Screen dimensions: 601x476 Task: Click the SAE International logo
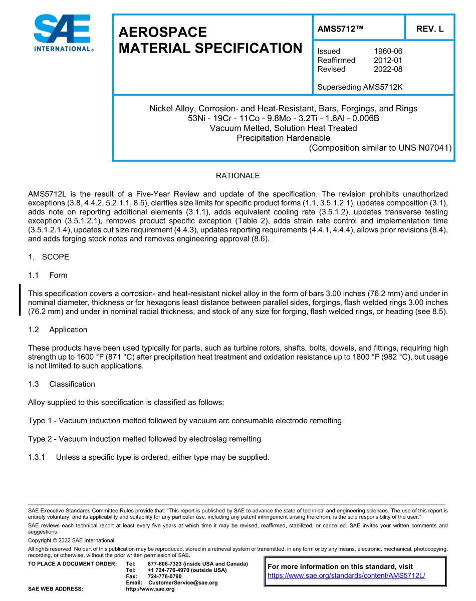[63, 33]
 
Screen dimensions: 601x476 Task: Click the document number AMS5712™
[340, 29]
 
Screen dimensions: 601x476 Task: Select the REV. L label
[429, 29]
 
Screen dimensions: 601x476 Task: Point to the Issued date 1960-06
[388, 51]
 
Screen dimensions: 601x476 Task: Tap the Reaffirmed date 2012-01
[388, 60]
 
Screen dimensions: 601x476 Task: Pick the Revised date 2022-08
[388, 69]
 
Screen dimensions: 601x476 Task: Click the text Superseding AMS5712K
[360, 87]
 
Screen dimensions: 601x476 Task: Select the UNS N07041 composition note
[380, 148]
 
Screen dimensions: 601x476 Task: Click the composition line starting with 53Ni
[283, 118]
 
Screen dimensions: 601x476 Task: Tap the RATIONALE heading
[237, 176]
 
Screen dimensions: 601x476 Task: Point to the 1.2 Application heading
[68, 330]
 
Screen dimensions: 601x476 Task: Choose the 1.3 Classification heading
[72, 384]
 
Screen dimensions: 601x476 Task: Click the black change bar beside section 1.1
[20, 299]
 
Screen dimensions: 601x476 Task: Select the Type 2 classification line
[144, 439]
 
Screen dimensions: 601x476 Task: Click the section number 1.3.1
[37, 457]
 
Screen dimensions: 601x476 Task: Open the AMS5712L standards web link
[346, 575]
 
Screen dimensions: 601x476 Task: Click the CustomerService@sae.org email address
[183, 582]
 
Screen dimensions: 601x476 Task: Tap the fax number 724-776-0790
[164, 576]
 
